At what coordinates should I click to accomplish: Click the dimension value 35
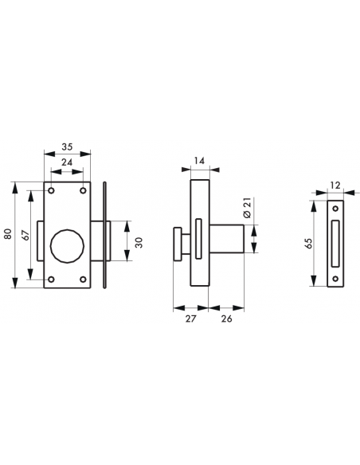click(66, 147)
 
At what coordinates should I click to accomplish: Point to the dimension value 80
click(7, 235)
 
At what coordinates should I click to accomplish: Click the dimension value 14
click(199, 162)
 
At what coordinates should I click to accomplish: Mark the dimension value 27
click(191, 318)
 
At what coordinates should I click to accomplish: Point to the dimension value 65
click(309, 243)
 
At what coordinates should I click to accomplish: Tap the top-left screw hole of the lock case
click(50, 192)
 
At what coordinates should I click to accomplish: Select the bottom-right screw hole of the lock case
click(83, 279)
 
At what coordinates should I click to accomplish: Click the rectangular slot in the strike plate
click(336, 242)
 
